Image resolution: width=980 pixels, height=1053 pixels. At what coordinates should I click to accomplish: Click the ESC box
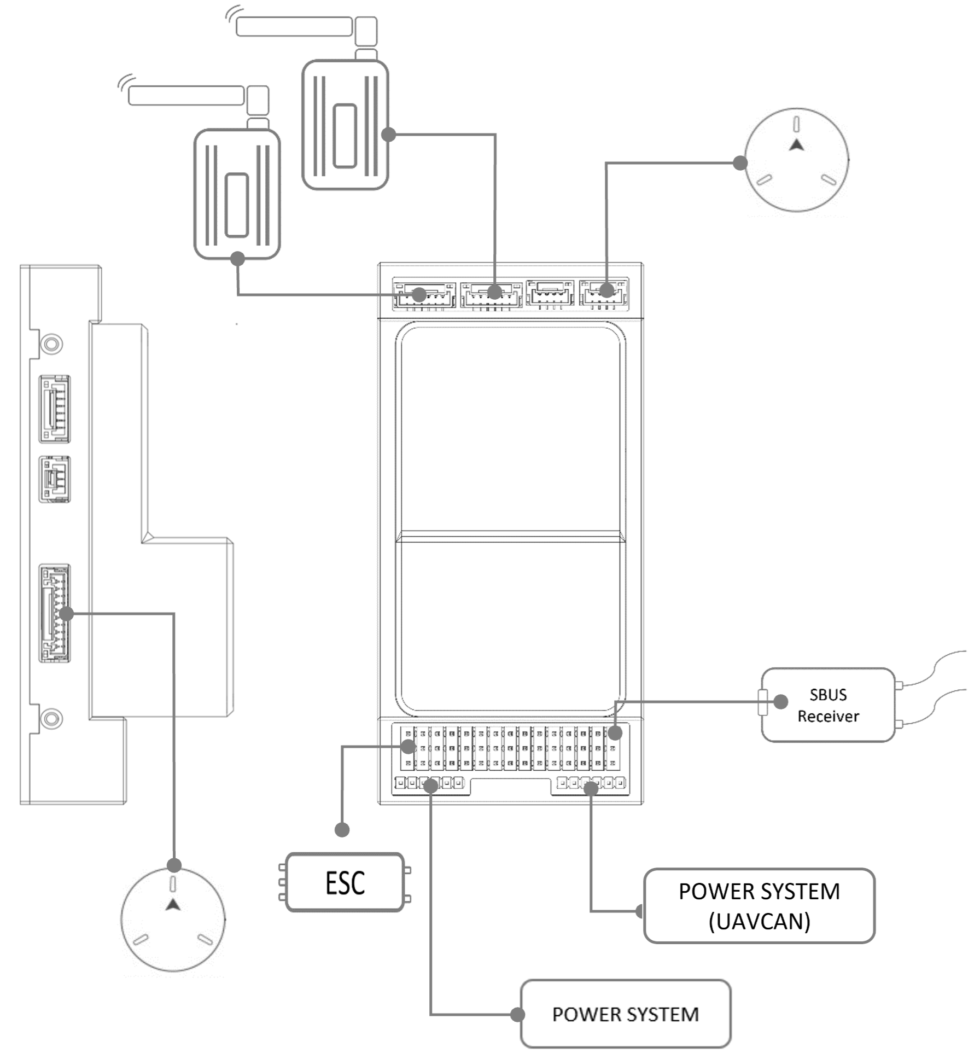coord(344,882)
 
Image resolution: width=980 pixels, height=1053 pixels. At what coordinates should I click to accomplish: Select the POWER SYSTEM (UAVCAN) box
coord(759,906)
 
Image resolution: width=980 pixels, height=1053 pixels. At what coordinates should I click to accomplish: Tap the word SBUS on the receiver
coord(828,695)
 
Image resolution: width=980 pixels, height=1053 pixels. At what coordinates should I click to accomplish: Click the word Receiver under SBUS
coord(828,716)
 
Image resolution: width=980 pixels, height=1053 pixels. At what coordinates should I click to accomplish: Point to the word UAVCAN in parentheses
coord(759,922)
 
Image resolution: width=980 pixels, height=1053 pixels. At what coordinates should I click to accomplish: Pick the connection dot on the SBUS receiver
coord(781,701)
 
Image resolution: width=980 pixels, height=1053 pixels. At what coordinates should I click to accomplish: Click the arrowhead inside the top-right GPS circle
coord(797,145)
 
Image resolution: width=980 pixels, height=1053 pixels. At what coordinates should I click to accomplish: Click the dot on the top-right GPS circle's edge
coord(740,162)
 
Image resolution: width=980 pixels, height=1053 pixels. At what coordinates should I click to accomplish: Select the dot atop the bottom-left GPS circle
coord(174,865)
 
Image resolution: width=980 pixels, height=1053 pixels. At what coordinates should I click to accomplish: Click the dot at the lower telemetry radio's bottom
coord(237,258)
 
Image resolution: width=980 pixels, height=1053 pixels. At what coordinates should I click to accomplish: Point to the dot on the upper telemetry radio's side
coord(388,134)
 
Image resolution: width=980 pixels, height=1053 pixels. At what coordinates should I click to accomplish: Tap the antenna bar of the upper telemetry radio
coord(294,26)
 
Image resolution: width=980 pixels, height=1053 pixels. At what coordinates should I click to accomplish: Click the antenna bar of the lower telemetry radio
coord(186,95)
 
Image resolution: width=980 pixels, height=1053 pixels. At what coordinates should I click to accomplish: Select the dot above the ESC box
coord(342,830)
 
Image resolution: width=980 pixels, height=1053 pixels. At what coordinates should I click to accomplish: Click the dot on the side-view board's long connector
coord(66,613)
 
